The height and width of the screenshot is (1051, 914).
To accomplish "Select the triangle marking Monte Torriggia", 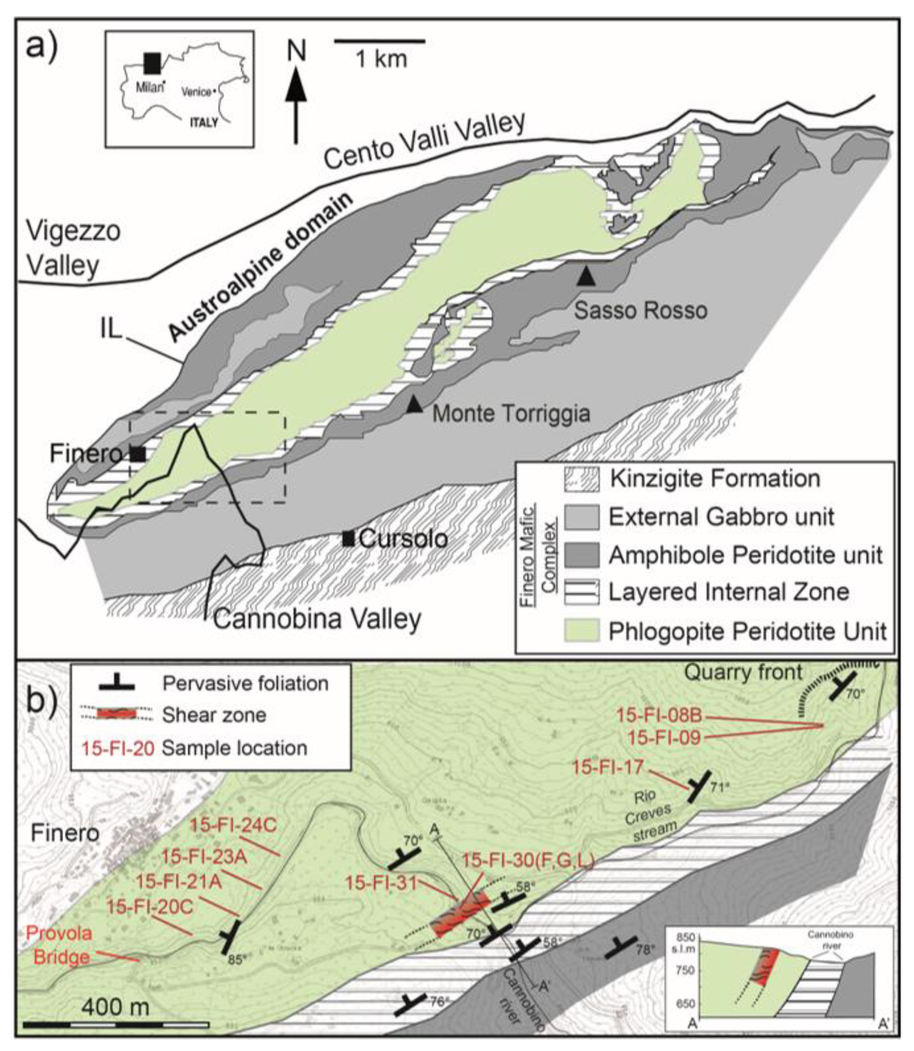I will [414, 404].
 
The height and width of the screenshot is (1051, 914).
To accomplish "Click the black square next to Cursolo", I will [348, 538].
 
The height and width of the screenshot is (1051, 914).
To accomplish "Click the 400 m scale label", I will [115, 1007].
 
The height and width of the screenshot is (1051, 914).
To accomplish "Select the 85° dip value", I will [235, 959].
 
